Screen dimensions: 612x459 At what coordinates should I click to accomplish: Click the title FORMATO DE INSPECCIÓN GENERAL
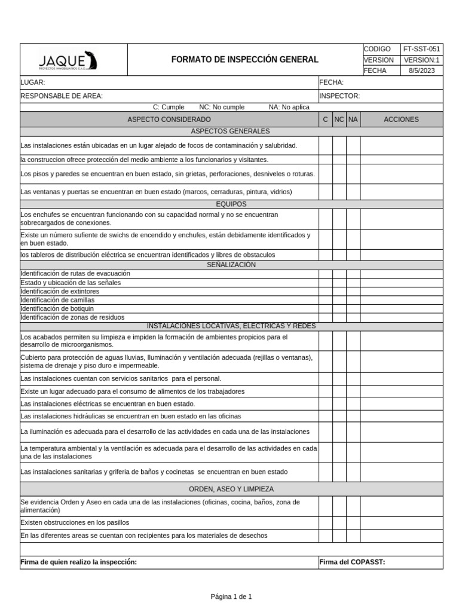tap(245, 60)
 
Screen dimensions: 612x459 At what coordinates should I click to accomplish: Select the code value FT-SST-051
tap(421, 49)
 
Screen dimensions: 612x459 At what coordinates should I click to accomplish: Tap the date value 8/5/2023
tap(421, 71)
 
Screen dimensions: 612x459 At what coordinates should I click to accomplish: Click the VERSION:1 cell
tap(421, 60)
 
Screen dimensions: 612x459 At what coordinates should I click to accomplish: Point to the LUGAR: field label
tap(33, 82)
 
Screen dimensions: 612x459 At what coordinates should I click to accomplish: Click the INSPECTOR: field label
tap(339, 96)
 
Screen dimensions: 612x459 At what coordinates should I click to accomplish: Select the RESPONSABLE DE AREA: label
tap(62, 96)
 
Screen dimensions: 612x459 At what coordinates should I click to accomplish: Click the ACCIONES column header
tap(401, 120)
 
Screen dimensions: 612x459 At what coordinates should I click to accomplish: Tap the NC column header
tap(339, 120)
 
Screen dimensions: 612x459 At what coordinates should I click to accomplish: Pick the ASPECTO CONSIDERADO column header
tap(169, 120)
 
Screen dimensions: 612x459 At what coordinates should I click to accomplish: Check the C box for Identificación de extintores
tap(325, 291)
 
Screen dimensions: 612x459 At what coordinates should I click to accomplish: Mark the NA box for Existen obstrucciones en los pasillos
tap(353, 522)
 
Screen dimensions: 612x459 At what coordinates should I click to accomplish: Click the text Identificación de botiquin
tap(57, 308)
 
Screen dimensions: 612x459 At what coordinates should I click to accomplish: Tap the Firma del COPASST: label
tap(352, 562)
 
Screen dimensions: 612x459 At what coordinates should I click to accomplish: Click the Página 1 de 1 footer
tap(231, 596)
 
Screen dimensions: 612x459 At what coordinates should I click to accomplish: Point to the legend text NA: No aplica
tap(289, 107)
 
